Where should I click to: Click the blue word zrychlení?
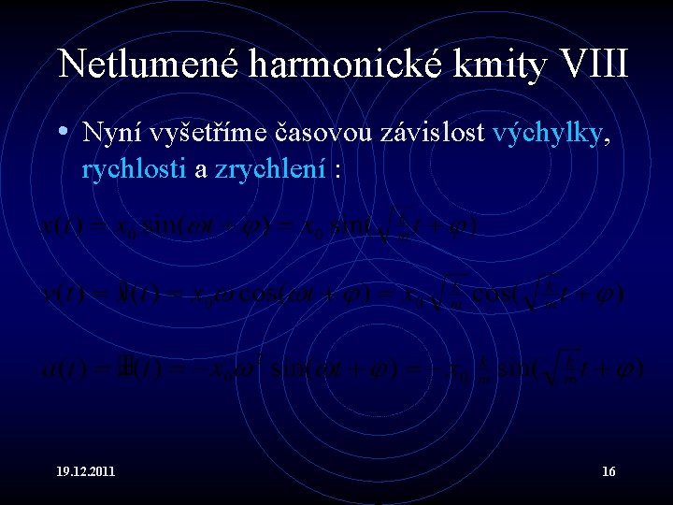pyautogui.click(x=270, y=170)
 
